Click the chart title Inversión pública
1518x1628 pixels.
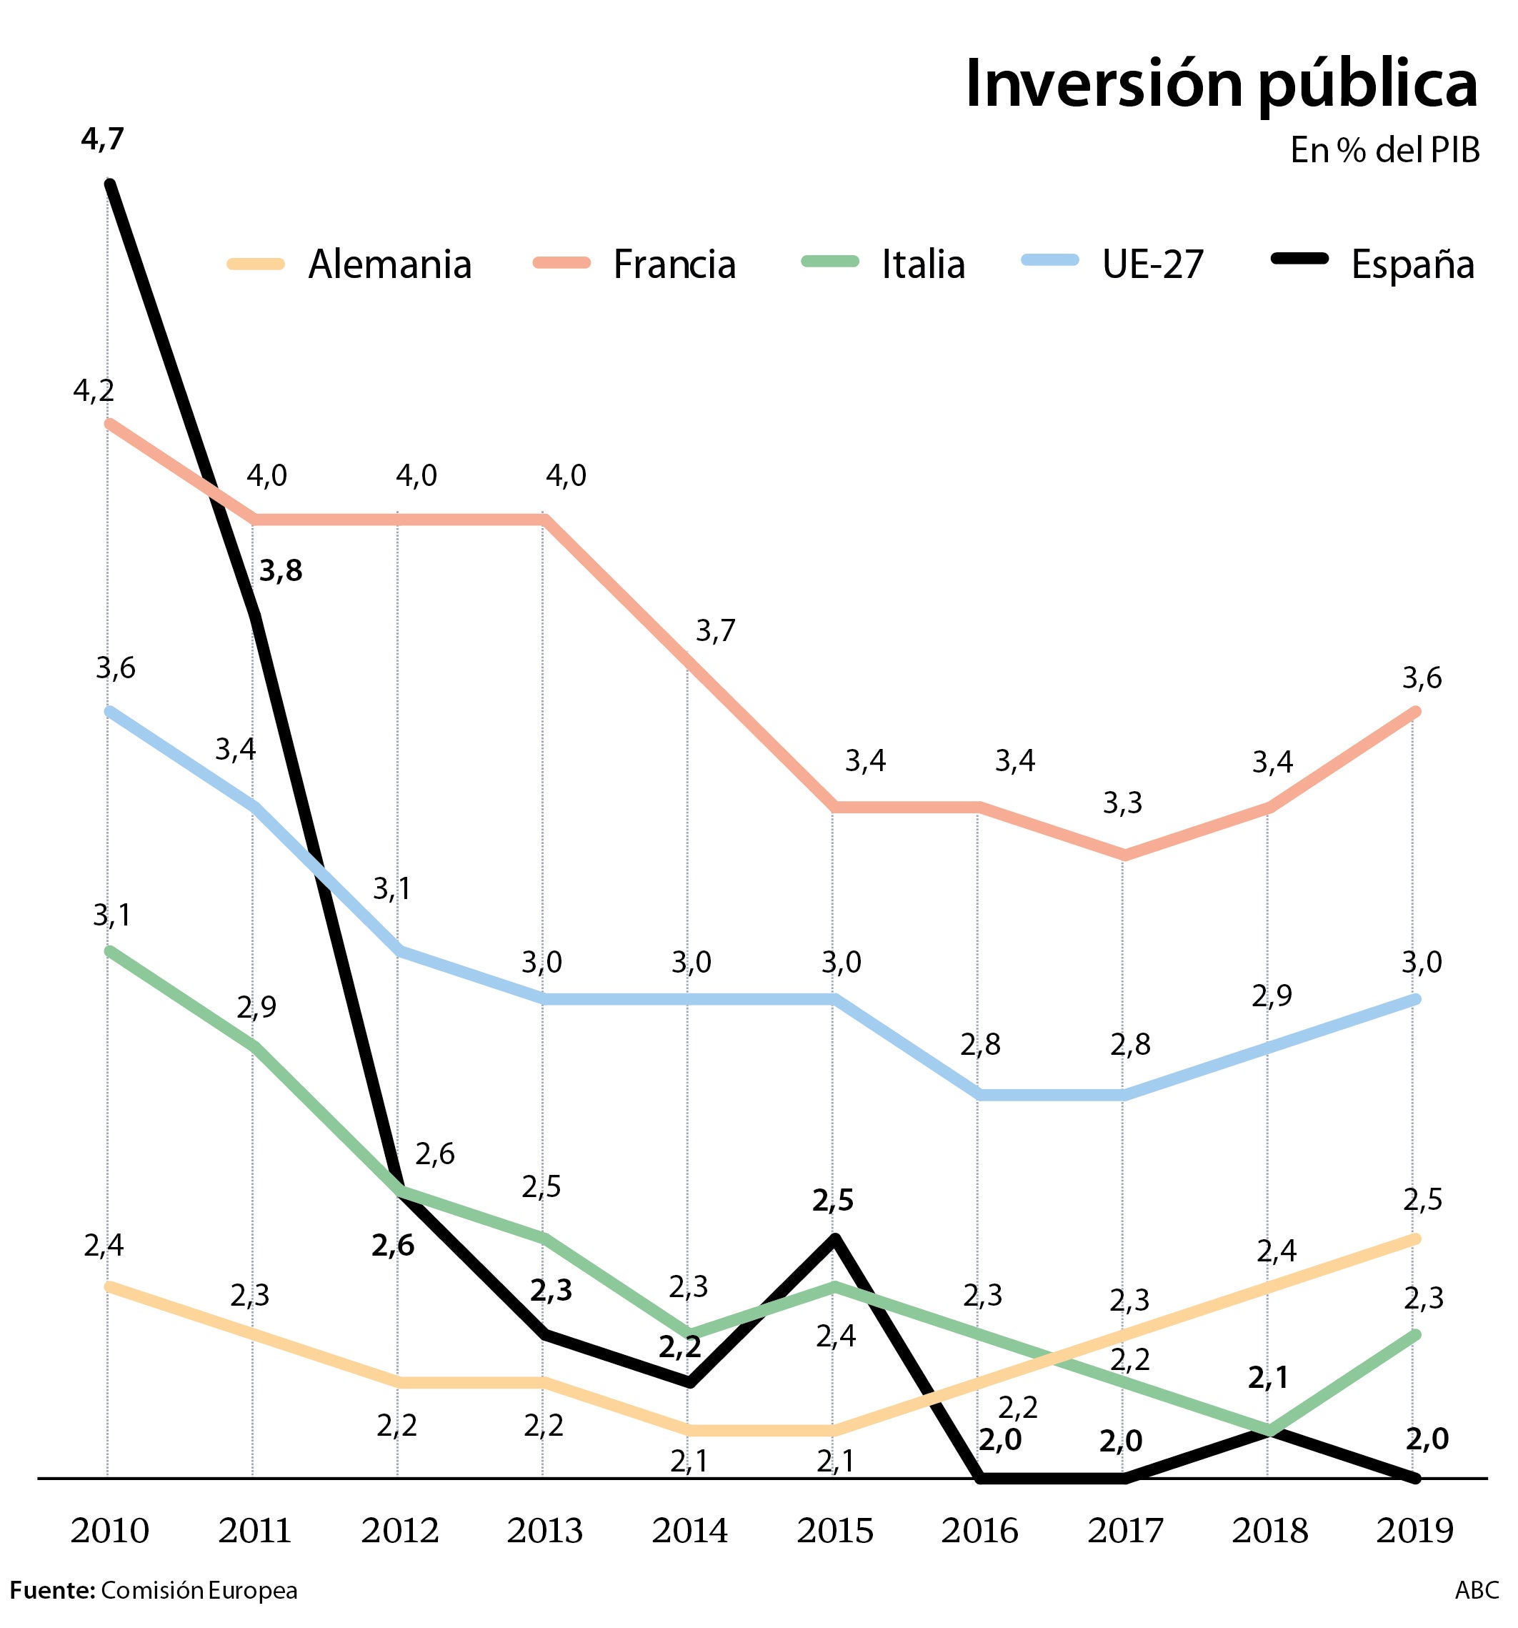1221,85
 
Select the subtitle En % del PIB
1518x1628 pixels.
1384,151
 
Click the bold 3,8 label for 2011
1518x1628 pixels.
281,572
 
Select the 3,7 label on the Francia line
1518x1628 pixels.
716,631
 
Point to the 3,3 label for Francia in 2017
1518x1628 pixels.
1122,803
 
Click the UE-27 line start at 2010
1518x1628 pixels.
109,711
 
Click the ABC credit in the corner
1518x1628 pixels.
1477,1590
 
